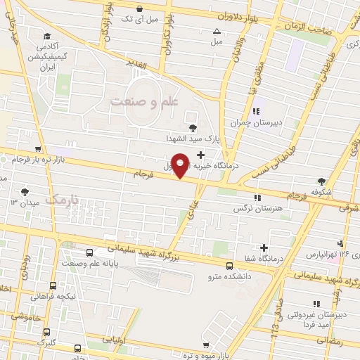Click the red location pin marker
(181, 165)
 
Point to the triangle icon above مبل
(217, 31)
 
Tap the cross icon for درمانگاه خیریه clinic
(201, 155)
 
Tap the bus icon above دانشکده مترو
(230, 265)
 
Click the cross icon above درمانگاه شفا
(264, 247)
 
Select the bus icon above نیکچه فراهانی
(53, 286)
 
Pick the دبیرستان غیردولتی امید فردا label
(314, 319)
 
